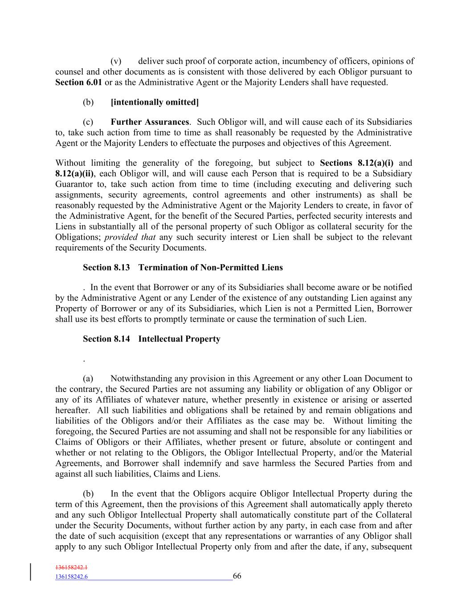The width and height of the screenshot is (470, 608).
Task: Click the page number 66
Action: [237, 576]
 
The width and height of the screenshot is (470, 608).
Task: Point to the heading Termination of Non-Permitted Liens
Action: [210, 267]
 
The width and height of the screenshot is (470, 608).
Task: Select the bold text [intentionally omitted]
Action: [155, 102]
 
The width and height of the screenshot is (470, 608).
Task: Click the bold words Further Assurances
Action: [150, 122]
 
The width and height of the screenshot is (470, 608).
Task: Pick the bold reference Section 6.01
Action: [79, 82]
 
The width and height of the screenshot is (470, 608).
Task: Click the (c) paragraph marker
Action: [88, 122]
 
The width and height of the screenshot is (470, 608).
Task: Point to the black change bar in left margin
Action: [31, 572]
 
